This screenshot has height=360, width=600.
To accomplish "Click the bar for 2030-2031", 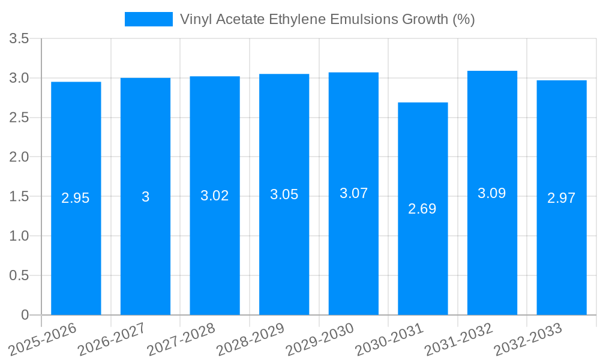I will pyautogui.click(x=422, y=240).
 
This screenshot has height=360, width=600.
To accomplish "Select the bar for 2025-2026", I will pyautogui.click(x=76, y=240).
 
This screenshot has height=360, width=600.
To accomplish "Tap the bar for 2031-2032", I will pyautogui.click(x=492, y=240).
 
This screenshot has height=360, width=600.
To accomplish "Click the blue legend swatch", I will pyautogui.click(x=148, y=19).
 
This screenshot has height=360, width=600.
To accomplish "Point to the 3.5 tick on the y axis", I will pyautogui.click(x=20, y=39).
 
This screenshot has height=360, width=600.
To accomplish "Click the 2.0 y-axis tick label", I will pyautogui.click(x=20, y=157).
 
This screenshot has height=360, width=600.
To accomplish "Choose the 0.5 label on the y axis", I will pyautogui.click(x=20, y=275).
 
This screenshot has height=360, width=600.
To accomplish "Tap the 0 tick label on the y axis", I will pyautogui.click(x=25, y=315).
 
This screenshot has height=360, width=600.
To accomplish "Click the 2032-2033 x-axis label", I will pyautogui.click(x=527, y=339).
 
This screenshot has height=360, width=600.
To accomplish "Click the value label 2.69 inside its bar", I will pyautogui.click(x=422, y=209).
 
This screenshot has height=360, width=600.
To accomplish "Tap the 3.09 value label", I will pyautogui.click(x=492, y=193).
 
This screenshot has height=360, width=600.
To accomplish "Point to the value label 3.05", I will pyautogui.click(x=284, y=194).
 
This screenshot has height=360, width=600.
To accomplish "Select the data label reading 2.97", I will pyautogui.click(x=562, y=198).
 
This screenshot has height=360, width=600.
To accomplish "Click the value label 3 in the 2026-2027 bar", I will pyautogui.click(x=145, y=197).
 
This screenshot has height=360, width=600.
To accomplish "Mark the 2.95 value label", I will pyautogui.click(x=76, y=198).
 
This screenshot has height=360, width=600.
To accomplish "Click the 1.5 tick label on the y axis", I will pyautogui.click(x=20, y=197).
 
